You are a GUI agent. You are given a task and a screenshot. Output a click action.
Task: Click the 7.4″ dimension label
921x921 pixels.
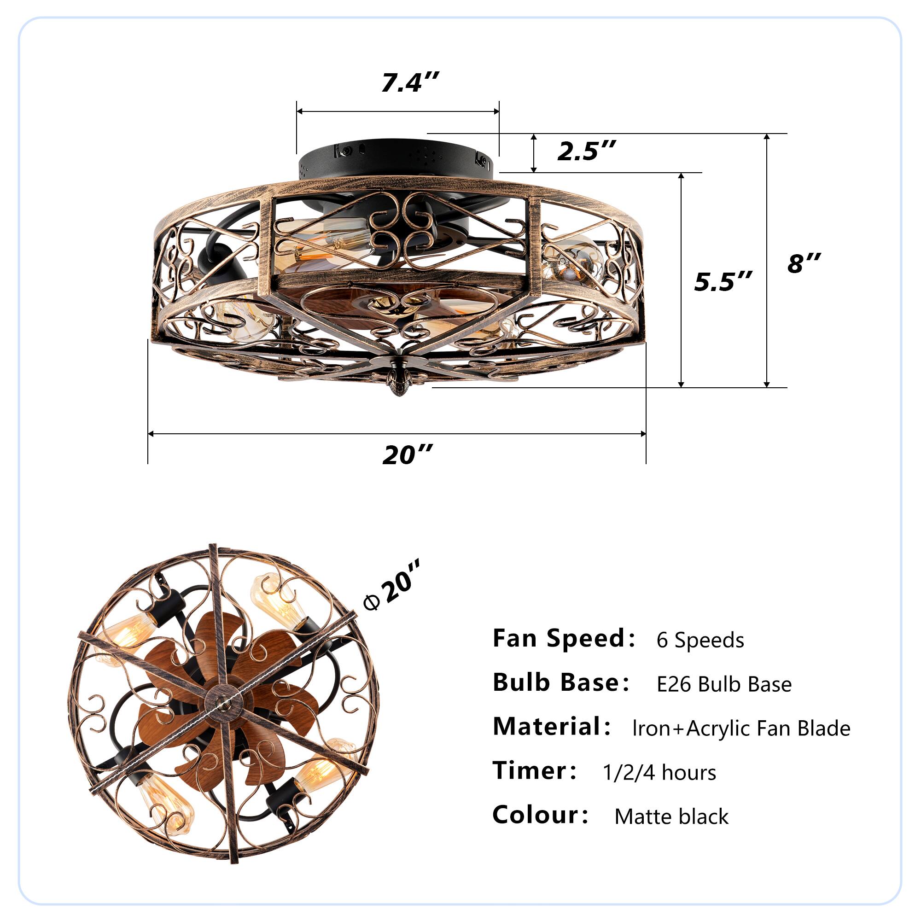(409, 82)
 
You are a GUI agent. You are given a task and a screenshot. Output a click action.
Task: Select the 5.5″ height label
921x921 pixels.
(723, 282)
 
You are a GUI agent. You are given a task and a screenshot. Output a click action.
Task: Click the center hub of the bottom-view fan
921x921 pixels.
(222, 701)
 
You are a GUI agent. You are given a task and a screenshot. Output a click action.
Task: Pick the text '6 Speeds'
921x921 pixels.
(700, 640)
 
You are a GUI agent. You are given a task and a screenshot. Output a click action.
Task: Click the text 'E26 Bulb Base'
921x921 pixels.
(723, 685)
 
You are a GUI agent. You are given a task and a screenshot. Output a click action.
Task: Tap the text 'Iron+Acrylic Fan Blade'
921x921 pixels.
(741, 729)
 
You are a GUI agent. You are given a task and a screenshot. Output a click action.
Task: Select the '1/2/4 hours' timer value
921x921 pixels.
(659, 773)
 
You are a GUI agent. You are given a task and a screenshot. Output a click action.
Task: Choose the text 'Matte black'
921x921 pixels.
(671, 816)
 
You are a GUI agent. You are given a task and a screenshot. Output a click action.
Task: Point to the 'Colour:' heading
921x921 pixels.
(540, 815)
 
